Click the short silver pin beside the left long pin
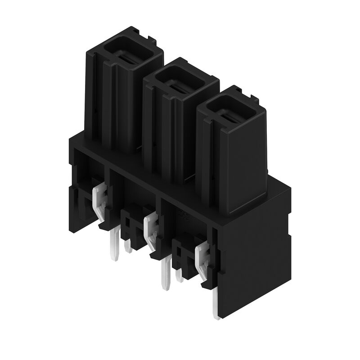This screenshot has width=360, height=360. [128, 246]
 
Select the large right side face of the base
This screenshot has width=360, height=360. [254, 261]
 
